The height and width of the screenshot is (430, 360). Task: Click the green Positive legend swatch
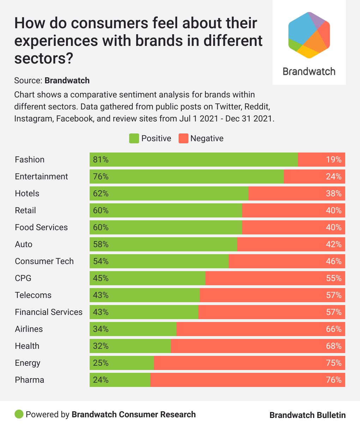134,138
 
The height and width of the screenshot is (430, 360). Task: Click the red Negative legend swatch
183,138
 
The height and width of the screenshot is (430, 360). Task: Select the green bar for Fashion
193,160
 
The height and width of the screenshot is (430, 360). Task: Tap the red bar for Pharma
247,380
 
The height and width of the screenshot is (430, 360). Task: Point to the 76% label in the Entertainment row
101,177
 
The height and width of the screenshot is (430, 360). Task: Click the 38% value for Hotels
334,193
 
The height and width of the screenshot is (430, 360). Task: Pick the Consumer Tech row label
44,261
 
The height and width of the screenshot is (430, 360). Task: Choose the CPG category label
23,278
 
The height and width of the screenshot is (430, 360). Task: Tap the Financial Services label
48,312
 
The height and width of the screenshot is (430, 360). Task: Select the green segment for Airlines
133,329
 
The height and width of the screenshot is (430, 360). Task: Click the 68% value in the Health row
334,346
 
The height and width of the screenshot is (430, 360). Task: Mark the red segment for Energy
249,363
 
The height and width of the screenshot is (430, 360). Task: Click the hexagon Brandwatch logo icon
309,35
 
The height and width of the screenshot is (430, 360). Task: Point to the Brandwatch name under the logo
309,72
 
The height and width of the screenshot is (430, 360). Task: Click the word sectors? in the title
43,58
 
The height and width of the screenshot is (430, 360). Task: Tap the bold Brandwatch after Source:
67,80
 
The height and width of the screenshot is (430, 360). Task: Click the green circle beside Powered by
19,414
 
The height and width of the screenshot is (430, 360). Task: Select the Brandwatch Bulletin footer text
307,415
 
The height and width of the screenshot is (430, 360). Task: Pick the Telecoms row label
33,295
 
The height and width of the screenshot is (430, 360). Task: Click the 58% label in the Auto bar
101,244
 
